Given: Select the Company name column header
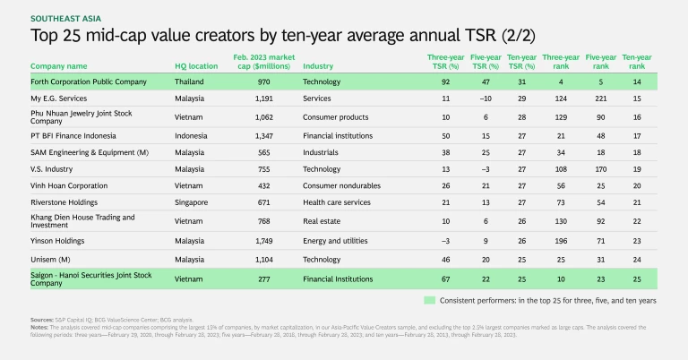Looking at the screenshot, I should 59,66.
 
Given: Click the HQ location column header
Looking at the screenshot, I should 197,66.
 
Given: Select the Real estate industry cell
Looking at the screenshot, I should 324,220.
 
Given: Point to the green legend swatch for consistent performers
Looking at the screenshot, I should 430,298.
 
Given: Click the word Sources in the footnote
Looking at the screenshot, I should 41,318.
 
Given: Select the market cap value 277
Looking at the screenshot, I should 254,278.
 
